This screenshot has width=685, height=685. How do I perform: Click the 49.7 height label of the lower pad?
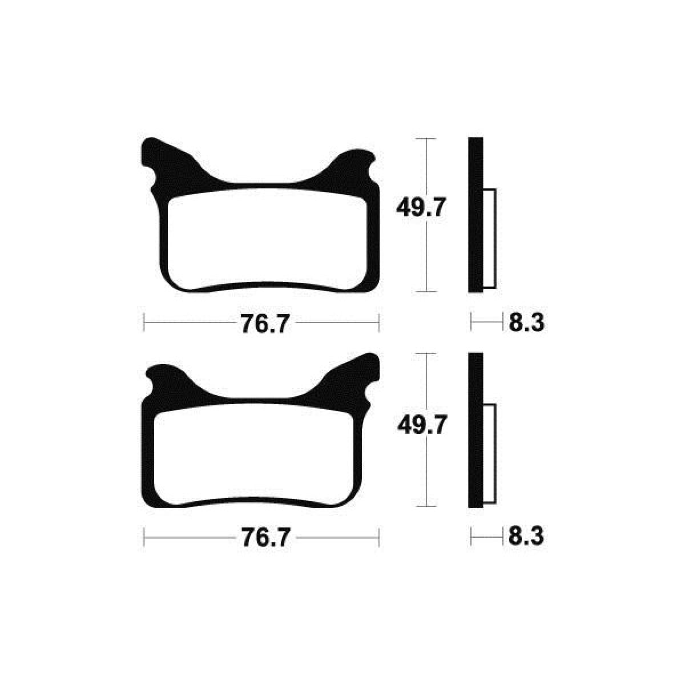point(421,425)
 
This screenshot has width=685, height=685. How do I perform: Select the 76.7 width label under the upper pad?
point(264,324)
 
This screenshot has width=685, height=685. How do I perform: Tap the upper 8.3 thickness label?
point(526,323)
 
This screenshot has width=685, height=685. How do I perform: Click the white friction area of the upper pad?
point(267,241)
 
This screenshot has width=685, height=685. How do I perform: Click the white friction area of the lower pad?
point(254,456)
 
